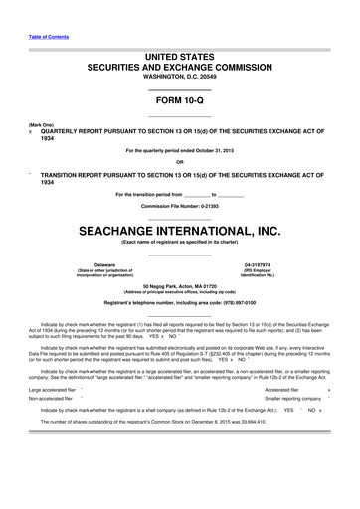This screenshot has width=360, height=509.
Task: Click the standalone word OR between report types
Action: [180, 161]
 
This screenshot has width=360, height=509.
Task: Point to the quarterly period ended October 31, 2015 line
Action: [180, 151]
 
